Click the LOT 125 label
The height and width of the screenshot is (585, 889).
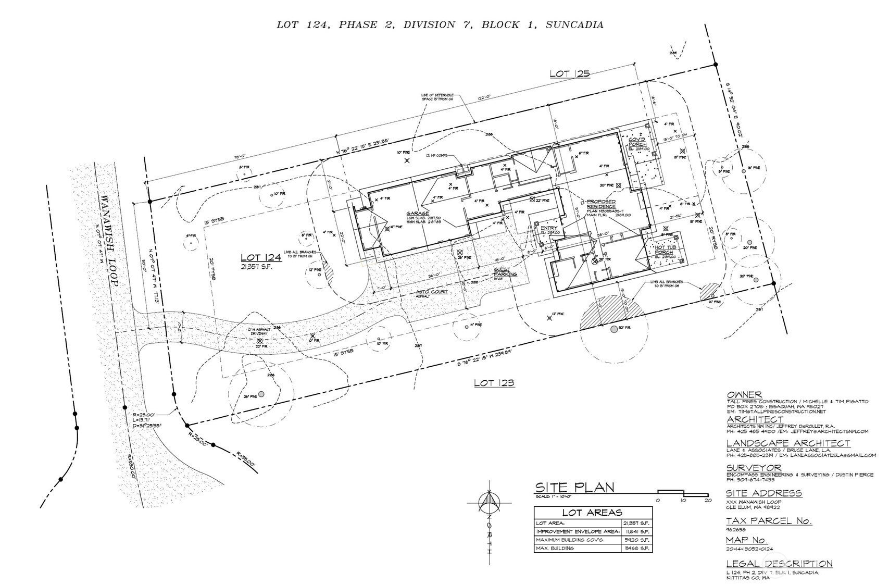pos(570,73)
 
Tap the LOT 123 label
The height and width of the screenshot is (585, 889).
pos(494,383)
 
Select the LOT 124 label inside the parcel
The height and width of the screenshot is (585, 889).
pos(257,257)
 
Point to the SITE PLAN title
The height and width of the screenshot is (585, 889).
pos(574,488)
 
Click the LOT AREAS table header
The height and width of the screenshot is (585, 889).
pos(593,513)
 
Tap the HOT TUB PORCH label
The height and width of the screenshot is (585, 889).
pos(666,250)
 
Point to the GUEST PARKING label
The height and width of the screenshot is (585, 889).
pos(505,272)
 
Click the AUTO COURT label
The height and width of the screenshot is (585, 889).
pos(432,292)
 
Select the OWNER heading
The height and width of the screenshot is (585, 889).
pos(744,395)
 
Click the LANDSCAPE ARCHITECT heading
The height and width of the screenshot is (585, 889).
pos(787,443)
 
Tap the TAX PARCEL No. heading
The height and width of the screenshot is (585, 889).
pos(769,521)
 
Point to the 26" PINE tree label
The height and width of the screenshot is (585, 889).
pos(251,397)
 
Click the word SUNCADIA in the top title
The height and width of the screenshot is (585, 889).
pos(574,24)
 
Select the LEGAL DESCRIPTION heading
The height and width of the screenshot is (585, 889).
pos(779,564)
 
